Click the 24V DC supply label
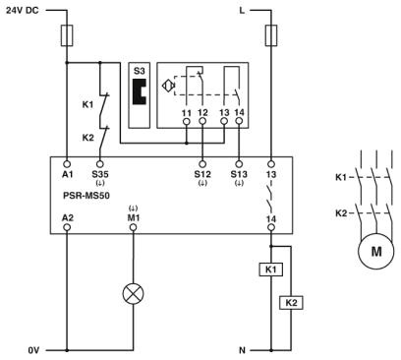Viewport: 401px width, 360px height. tap(25, 13)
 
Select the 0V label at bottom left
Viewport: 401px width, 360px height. tap(34, 348)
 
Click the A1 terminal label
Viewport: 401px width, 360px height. tap(67, 174)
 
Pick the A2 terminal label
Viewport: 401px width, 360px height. tap(67, 214)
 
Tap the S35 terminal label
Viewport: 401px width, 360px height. tap(99, 174)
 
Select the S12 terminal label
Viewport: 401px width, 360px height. tap(201, 174)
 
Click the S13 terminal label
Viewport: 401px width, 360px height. tap(236, 174)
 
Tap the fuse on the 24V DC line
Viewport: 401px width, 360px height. tap(67, 36)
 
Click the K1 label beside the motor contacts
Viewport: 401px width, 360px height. tap(340, 177)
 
